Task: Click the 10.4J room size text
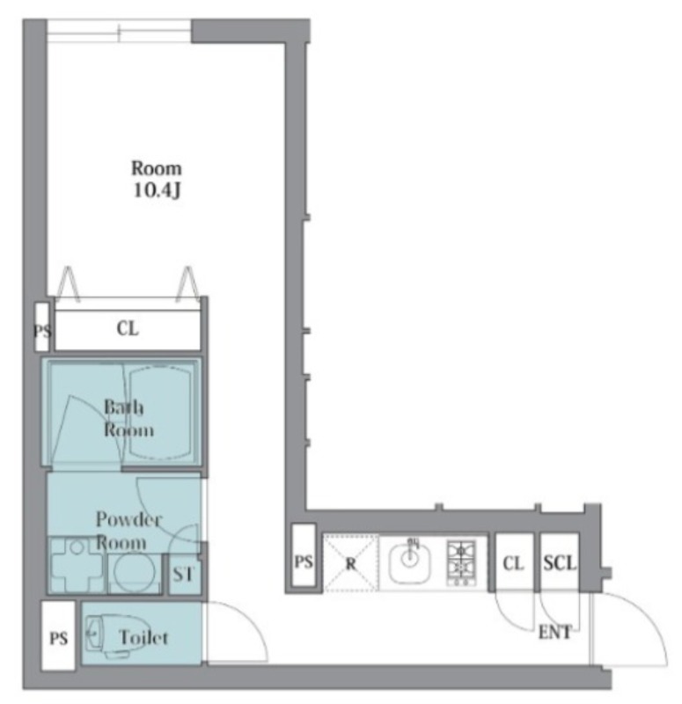click(157, 190)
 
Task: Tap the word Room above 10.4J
click(157, 168)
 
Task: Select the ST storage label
click(183, 574)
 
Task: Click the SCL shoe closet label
click(560, 562)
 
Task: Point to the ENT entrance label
click(555, 632)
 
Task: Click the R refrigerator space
click(350, 562)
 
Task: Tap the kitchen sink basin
click(409, 561)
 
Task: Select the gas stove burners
click(460, 563)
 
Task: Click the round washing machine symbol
click(135, 572)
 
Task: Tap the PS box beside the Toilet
click(58, 635)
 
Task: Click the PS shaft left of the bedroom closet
click(41, 326)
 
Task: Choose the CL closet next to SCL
click(514, 562)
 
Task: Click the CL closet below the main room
click(128, 328)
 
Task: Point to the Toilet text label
click(143, 637)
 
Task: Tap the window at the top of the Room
click(119, 31)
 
